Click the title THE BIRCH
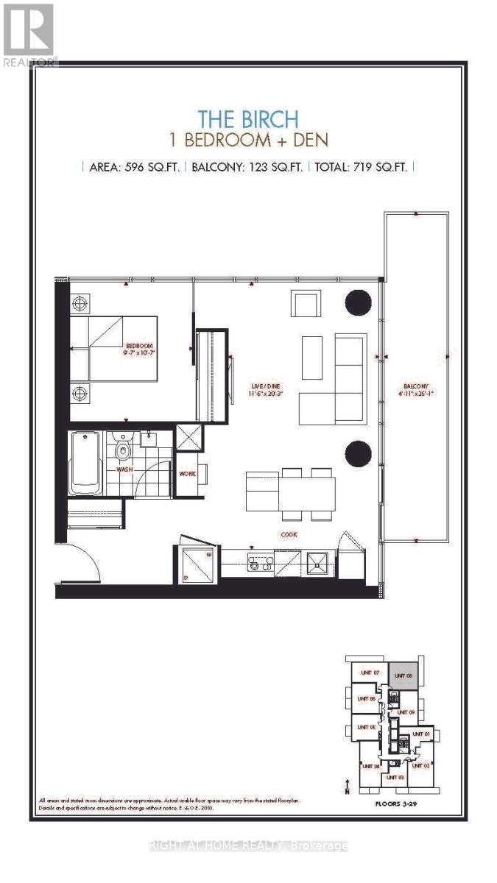click(x=247, y=119)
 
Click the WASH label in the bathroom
click(x=124, y=469)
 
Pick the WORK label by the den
click(x=187, y=473)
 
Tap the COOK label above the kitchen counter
click(x=288, y=535)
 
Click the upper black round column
click(x=359, y=301)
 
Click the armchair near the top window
click(x=306, y=304)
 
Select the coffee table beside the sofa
click(x=311, y=358)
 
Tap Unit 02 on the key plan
click(x=420, y=765)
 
